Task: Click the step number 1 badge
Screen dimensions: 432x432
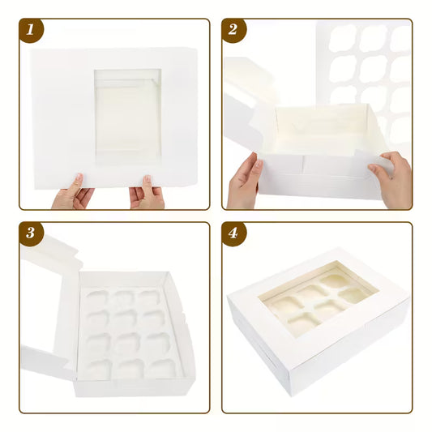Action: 32,32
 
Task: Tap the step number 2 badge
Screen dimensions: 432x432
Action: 234,32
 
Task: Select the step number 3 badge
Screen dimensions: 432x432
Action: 32,234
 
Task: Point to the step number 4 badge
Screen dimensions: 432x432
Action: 234,234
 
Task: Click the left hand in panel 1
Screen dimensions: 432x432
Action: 72,195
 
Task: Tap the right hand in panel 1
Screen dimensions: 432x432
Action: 147,195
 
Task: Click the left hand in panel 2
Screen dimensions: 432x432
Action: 244,182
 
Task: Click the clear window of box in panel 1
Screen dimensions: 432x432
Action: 127,113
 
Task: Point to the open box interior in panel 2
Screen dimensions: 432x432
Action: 320,134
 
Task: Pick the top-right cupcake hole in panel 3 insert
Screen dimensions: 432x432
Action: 148,298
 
